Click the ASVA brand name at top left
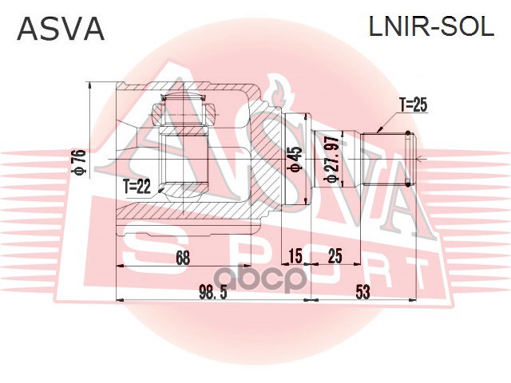(x=61, y=29)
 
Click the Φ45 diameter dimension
(x=295, y=159)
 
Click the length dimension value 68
(x=182, y=256)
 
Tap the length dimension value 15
(x=295, y=256)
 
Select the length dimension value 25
(x=335, y=256)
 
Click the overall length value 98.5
(x=212, y=292)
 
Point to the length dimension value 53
(x=363, y=292)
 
